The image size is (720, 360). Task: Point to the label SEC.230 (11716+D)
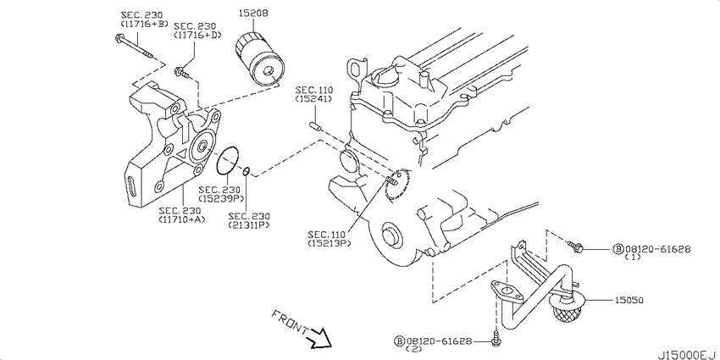click(197, 31)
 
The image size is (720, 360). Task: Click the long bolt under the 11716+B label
click(136, 49)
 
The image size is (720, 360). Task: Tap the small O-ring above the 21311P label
click(246, 173)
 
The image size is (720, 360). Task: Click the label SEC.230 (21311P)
click(249, 221)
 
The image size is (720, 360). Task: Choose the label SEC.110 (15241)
click(313, 95)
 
